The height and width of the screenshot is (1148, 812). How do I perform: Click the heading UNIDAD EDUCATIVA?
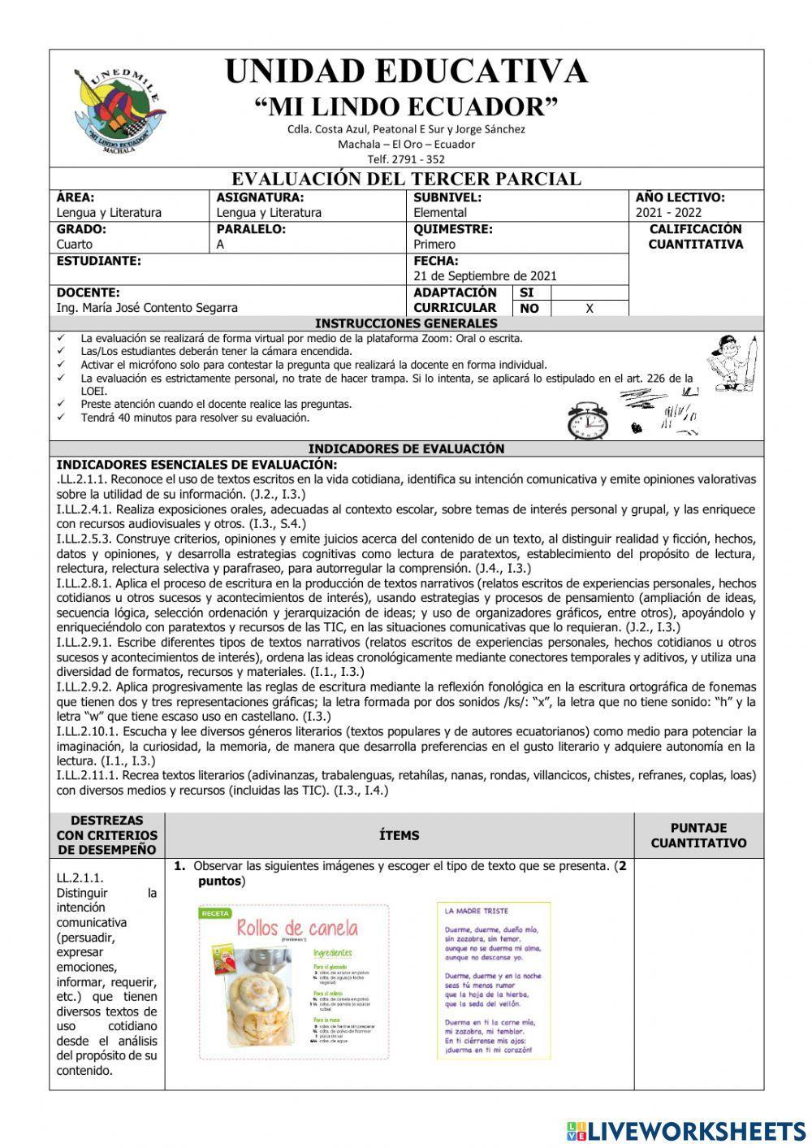click(x=406, y=71)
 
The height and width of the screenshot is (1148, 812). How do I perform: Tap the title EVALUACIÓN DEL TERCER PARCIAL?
click(x=406, y=179)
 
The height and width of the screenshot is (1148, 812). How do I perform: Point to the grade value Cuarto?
click(x=75, y=244)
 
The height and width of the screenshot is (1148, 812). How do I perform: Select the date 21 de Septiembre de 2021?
click(x=485, y=276)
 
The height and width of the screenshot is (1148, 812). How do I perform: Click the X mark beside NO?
click(x=590, y=309)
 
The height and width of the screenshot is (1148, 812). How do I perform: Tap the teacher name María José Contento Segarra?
click(x=147, y=308)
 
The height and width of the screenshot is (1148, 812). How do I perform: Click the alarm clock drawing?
click(x=588, y=421)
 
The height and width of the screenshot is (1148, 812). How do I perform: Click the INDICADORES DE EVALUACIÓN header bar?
click(x=406, y=448)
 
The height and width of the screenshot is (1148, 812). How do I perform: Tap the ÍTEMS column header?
click(x=400, y=835)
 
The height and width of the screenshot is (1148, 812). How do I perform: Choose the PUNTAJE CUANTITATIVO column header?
click(x=698, y=835)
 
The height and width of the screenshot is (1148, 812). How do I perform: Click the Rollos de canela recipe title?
click(x=296, y=928)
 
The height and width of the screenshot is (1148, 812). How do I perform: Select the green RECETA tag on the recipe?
click(x=215, y=913)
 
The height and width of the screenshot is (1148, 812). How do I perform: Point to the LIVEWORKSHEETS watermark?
click(x=686, y=1130)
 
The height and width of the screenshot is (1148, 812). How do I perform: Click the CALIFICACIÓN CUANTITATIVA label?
click(x=695, y=236)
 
